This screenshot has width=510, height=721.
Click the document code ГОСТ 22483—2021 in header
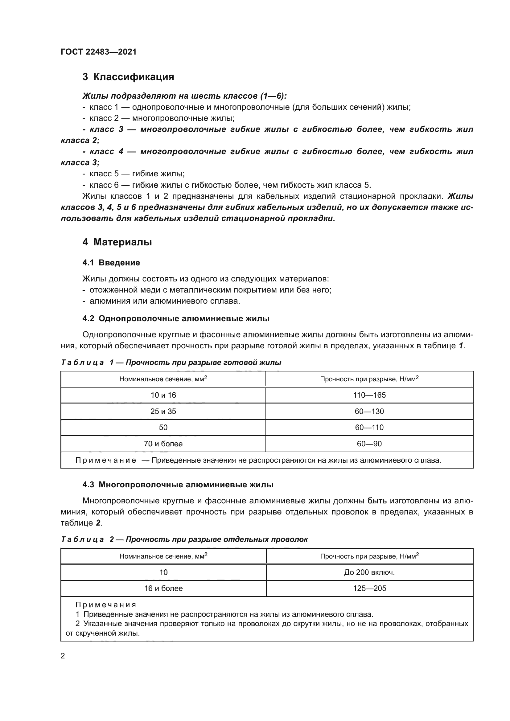[x=99, y=52]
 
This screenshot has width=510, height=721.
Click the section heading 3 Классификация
[x=128, y=77]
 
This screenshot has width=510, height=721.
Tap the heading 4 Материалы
[x=117, y=242]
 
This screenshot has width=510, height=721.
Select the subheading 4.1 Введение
[x=111, y=263]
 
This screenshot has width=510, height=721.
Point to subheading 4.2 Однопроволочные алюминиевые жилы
[x=176, y=318]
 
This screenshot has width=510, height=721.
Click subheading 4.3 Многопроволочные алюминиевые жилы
[x=178, y=485]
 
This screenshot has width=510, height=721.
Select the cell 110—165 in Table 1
[x=369, y=395]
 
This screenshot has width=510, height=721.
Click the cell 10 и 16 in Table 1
[x=163, y=395]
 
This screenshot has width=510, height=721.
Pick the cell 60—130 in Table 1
[x=369, y=412]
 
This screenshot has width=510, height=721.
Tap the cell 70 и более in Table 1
[x=163, y=444]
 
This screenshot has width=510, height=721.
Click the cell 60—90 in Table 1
[x=369, y=444]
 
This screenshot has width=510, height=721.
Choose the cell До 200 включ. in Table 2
[x=369, y=572]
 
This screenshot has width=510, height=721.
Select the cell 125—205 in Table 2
[x=369, y=588]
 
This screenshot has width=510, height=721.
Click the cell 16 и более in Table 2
[x=163, y=588]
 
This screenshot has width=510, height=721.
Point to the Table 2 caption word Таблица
[x=82, y=539]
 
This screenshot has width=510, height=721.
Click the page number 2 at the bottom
[x=63, y=656]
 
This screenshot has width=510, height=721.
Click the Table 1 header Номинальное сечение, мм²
[x=163, y=379]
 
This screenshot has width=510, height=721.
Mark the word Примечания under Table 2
[x=105, y=605]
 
